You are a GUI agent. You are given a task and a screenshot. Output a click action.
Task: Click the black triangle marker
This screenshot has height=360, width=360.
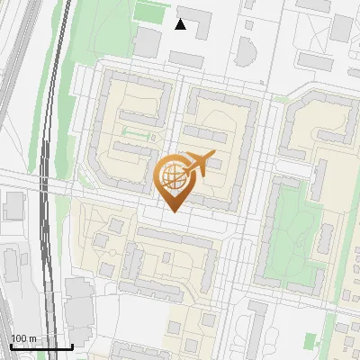(181, 24)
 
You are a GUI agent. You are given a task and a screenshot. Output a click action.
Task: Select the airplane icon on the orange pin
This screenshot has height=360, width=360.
(199, 163)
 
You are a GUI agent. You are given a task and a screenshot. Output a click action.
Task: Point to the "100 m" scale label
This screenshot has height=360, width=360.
(22, 338)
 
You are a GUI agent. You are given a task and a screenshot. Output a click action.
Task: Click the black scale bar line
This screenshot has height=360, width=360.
(40, 346)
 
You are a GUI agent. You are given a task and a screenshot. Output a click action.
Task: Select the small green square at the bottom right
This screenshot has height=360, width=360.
(311, 342)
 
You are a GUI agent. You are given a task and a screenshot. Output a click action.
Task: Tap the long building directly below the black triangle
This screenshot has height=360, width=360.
(186, 58)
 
